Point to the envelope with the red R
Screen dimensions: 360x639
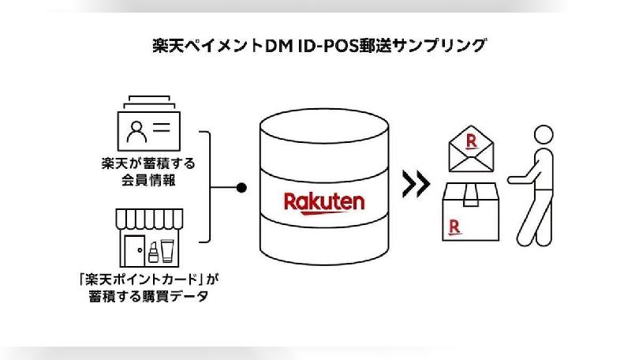click(x=472, y=150)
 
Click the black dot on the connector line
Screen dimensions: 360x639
click(x=243, y=188)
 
